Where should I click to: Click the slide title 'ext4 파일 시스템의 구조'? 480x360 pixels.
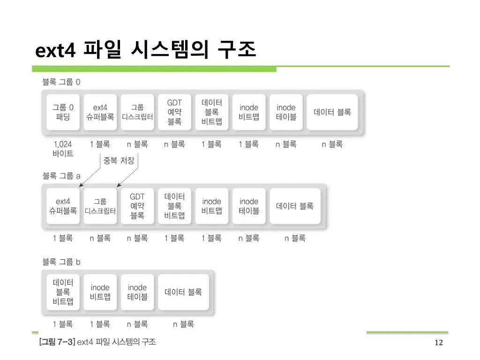146,50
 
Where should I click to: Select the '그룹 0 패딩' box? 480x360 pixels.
63,112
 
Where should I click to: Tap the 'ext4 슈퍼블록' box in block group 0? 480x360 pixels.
100,112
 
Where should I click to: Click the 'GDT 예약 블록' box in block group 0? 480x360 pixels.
174,112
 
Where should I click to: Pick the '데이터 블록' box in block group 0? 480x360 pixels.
332,112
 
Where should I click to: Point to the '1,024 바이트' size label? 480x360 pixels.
63,149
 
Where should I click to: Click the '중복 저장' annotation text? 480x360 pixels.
119,160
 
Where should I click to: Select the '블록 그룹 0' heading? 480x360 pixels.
61,82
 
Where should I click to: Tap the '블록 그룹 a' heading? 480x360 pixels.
61,176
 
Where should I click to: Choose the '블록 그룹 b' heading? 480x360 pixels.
61,262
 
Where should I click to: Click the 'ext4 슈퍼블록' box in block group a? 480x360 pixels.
63,206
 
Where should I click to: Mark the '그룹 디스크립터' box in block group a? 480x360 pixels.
100,206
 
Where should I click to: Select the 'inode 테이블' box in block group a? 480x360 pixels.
249,206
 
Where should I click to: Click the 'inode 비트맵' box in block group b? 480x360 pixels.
100,292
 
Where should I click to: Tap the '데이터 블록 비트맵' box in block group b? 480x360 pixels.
63,292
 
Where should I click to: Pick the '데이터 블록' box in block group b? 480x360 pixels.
183,292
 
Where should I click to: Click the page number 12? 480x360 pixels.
439,343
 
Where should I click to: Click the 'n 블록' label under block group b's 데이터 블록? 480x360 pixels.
183,324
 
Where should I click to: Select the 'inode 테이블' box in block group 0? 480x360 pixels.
286,112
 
